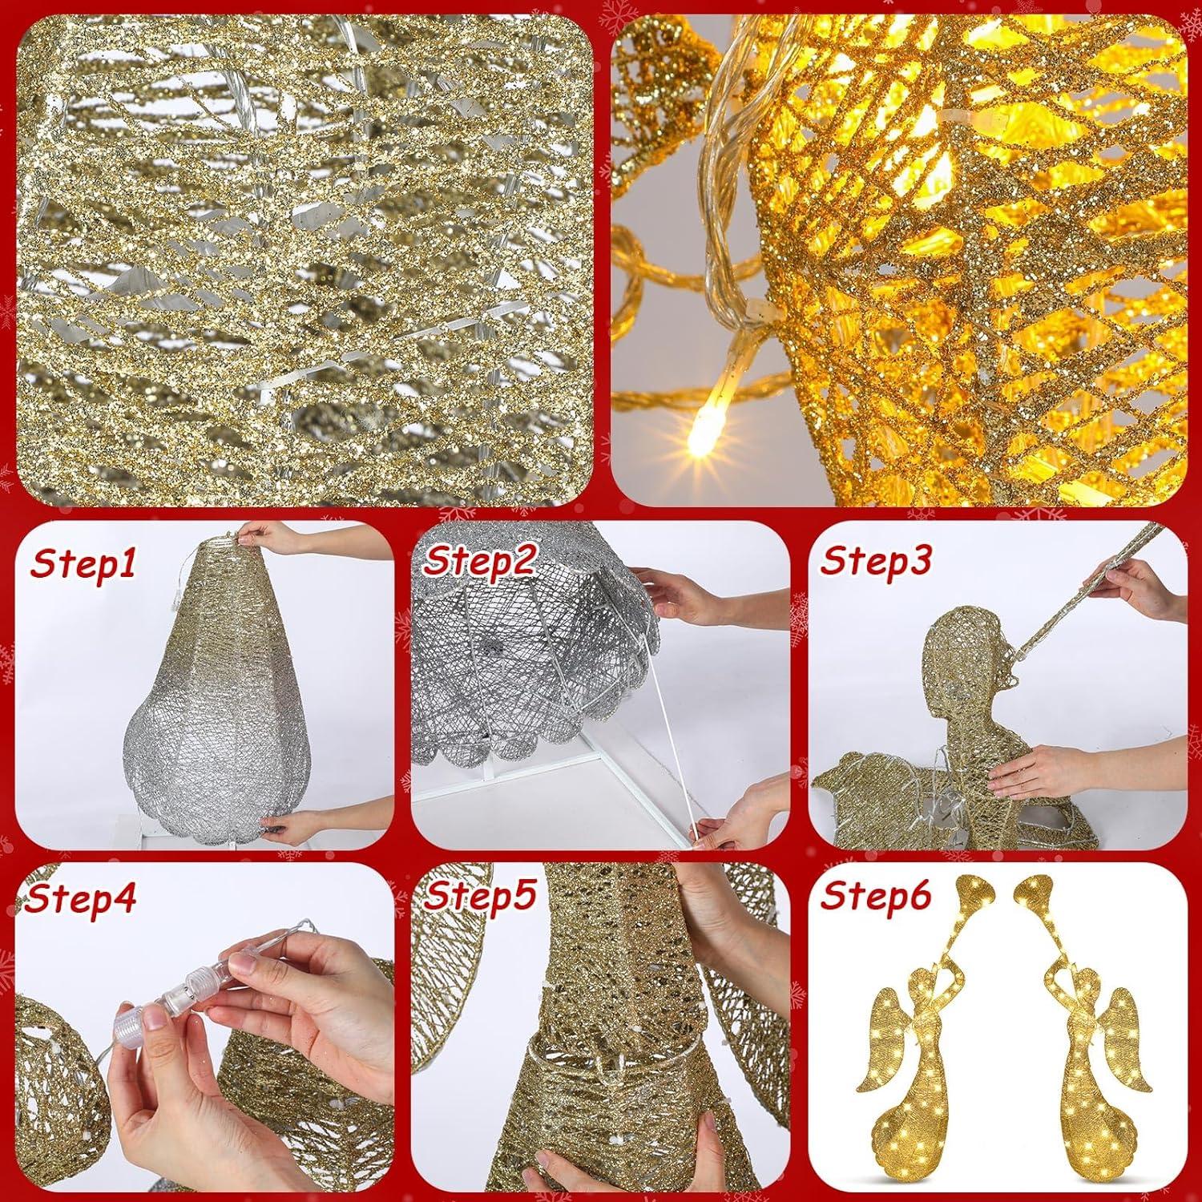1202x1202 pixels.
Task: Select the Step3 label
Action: [x=876, y=561]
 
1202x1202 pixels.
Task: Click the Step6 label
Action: [x=876, y=896]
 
